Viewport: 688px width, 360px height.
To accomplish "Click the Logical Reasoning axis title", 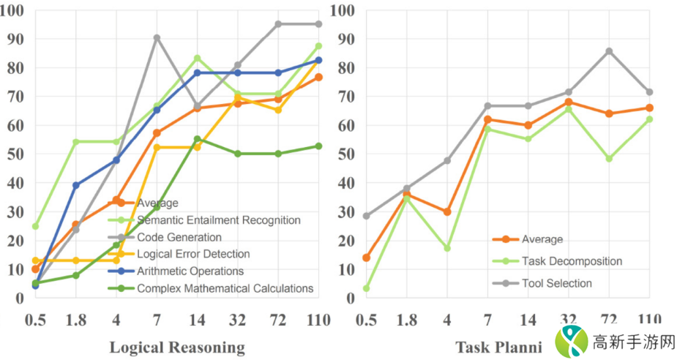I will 176,347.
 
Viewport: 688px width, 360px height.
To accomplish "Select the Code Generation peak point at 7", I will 157,37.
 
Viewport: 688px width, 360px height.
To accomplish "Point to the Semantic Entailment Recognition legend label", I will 218,220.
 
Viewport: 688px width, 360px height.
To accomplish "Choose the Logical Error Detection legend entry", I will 193,254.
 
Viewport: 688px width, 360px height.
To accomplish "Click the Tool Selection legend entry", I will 557,283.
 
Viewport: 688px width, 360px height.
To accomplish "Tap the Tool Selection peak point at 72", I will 609,51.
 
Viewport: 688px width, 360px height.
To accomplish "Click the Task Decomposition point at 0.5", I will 366,288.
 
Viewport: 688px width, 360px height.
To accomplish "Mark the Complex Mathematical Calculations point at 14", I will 197,139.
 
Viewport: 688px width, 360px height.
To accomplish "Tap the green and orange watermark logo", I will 572,341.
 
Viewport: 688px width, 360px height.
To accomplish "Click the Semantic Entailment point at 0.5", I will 35,226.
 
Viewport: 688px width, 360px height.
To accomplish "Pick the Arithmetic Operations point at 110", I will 318,60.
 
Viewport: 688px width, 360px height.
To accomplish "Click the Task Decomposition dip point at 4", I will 447,248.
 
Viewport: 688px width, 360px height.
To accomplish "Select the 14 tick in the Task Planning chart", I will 528,319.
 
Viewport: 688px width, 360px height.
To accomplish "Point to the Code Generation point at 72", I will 277,24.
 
